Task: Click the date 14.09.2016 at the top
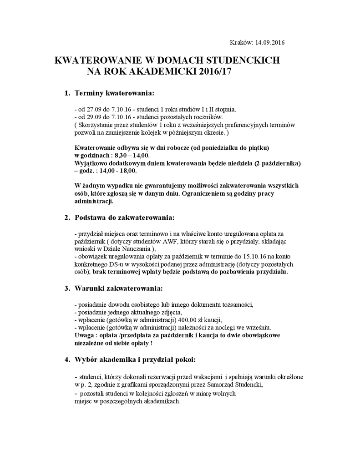[x=270, y=43]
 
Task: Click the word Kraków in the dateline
[x=242, y=43]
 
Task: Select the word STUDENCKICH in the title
[x=241, y=61]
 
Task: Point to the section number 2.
[x=66, y=218]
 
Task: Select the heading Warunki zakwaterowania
[x=118, y=288]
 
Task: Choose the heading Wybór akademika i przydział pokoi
[x=135, y=360]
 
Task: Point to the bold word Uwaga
[x=84, y=335]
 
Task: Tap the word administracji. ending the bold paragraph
[x=93, y=201]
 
